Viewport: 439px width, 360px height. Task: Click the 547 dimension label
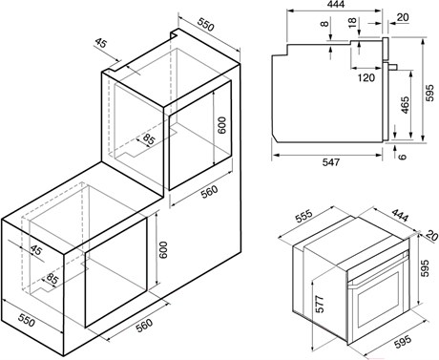(x=331, y=162)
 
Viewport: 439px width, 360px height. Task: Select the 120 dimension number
(x=366, y=77)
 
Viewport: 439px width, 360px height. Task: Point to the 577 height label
(x=320, y=304)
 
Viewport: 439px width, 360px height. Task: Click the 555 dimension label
(x=304, y=217)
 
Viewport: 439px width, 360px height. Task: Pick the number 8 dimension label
(x=324, y=24)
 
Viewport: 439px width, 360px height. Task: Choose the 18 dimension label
(x=352, y=22)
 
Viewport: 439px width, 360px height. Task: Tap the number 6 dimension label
(x=403, y=157)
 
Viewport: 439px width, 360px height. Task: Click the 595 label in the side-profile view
(x=429, y=93)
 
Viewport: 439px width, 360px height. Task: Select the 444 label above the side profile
(x=335, y=4)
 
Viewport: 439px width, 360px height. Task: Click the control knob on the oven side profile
(x=394, y=67)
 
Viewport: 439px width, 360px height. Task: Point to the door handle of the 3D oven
(x=377, y=272)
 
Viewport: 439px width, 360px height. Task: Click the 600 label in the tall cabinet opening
(x=222, y=125)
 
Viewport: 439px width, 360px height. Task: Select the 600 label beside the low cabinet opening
(x=162, y=250)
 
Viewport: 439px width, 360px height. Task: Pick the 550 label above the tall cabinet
(x=206, y=24)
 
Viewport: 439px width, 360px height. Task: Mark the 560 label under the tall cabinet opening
(x=209, y=192)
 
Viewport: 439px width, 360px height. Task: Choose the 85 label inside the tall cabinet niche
(x=149, y=138)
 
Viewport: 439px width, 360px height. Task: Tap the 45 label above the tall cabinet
(x=101, y=43)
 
